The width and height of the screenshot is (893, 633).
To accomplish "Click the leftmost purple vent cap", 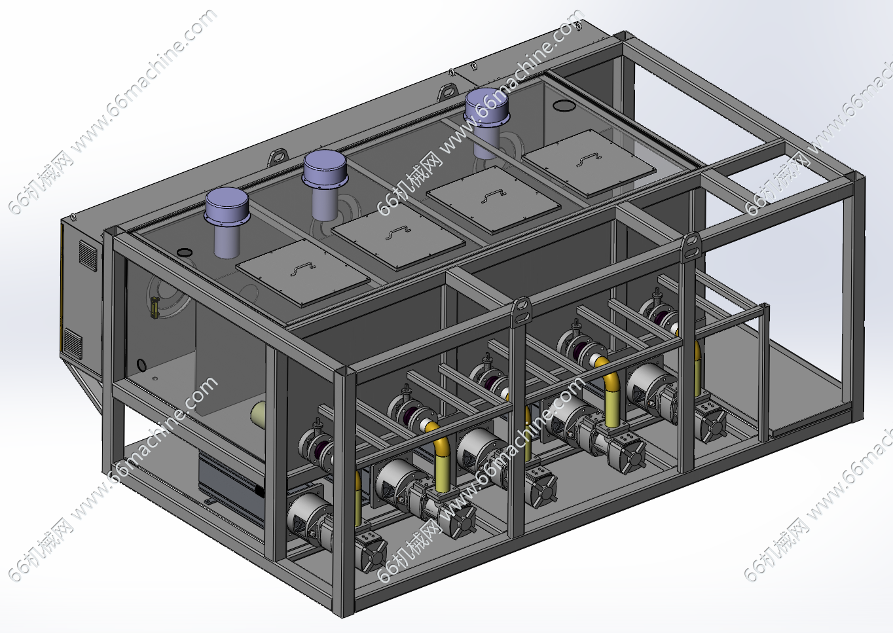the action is pyautogui.click(x=227, y=206).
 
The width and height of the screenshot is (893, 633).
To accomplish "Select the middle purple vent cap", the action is pyautogui.click(x=325, y=168).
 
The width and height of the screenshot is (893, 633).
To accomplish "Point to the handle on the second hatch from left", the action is pyautogui.click(x=398, y=232).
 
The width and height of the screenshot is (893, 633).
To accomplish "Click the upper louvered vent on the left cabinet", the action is pyautogui.click(x=88, y=255).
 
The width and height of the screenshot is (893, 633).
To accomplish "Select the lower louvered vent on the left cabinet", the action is pyautogui.click(x=73, y=344).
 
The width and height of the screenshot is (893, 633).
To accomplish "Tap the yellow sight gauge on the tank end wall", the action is pyautogui.click(x=153, y=307).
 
